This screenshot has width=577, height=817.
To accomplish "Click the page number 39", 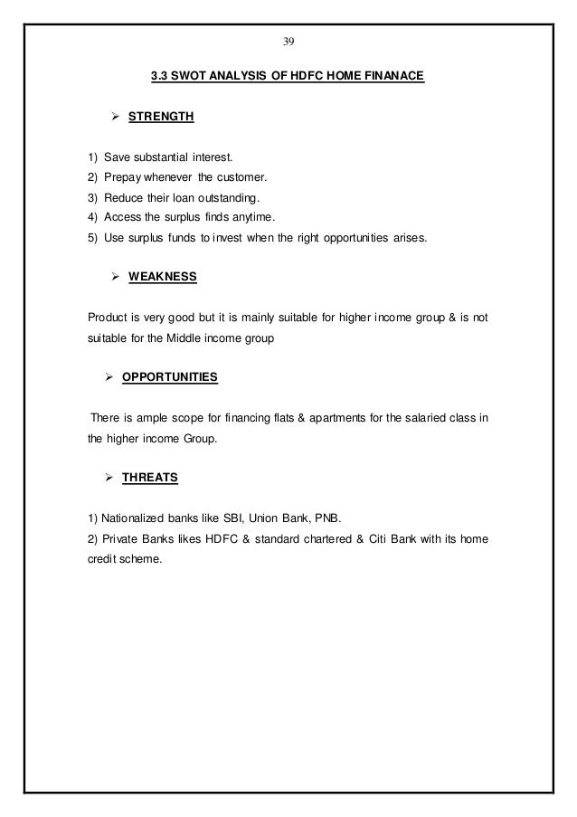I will (288, 42).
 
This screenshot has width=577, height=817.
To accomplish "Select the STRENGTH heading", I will (161, 118).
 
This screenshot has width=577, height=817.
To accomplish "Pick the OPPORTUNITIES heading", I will (169, 374).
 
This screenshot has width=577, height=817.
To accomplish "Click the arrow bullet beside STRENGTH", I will (115, 118).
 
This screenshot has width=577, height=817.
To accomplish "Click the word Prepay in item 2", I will (123, 176).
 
